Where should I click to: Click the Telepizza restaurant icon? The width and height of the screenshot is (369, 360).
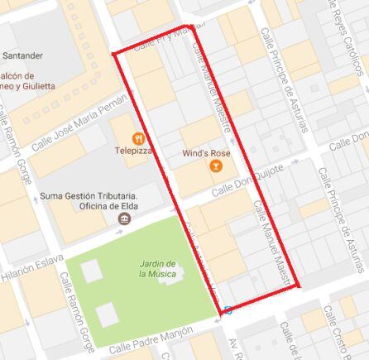coord(138,137)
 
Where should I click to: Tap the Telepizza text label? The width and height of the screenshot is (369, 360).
coord(134,151)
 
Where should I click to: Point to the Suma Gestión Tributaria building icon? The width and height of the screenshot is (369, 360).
coord(124,218)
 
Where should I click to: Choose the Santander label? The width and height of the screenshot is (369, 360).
coord(22,55)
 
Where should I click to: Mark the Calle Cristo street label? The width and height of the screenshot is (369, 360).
coord(339,330)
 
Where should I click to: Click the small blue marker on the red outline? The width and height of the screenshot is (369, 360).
coord(227,311)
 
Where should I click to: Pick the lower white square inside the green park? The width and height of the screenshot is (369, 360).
coord(106,315)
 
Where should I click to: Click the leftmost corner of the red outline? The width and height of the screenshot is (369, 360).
coord(113,55)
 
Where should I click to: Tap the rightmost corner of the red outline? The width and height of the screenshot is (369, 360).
coord(299,286)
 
